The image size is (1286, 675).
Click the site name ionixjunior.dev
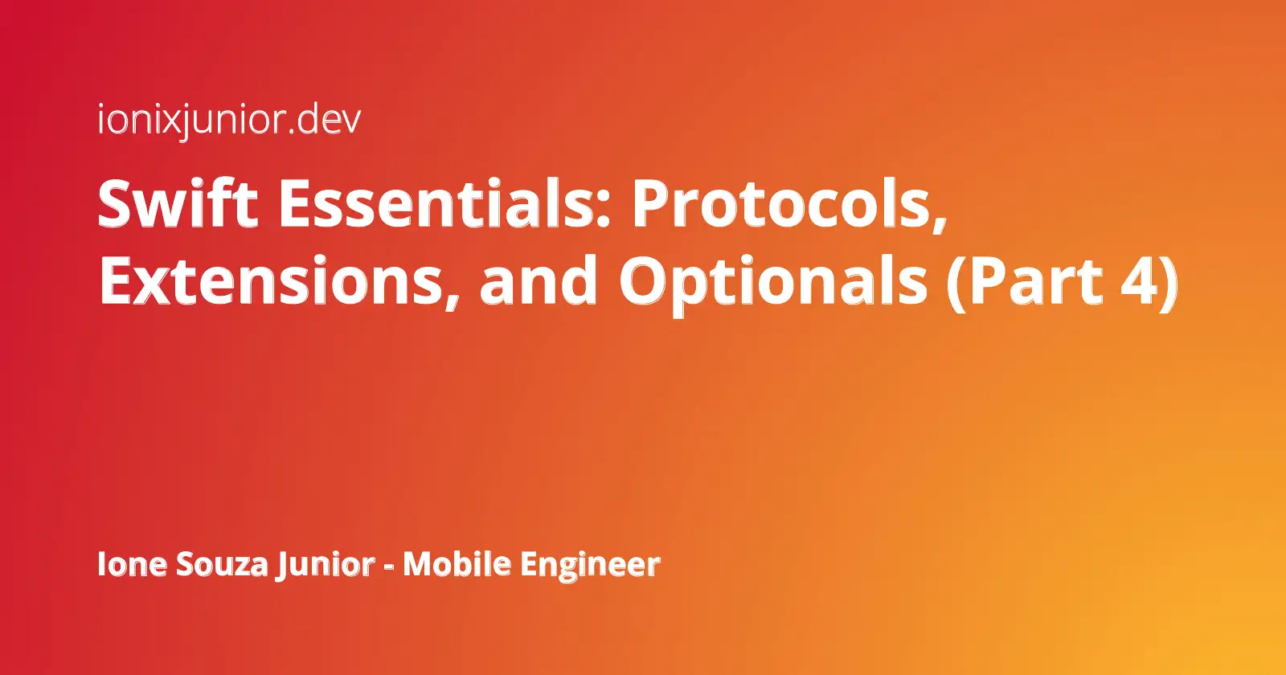click(229, 121)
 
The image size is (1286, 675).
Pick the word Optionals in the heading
click(772, 283)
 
